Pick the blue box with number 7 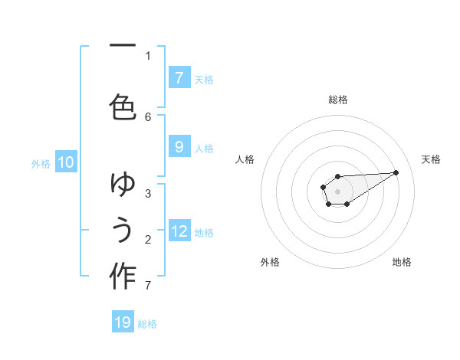(179, 77)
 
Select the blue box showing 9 (179, 147)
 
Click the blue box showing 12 (179, 231)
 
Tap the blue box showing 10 (66, 162)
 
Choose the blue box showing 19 (123, 322)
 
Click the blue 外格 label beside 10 (41, 163)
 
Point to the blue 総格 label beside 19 (147, 324)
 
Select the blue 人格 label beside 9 (204, 148)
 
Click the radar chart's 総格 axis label (338, 100)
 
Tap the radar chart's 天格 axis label (431, 159)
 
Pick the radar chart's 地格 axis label (402, 262)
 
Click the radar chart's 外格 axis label (270, 262)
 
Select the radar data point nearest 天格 (396, 172)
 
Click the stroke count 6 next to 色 (148, 116)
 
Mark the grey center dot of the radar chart (337, 191)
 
